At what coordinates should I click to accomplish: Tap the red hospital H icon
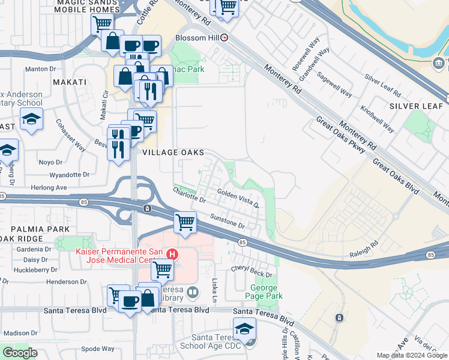coord(172,254)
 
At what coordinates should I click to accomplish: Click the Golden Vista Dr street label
coord(238,197)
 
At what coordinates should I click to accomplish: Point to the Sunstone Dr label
coord(228,221)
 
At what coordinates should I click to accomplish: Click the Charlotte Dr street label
coord(189,194)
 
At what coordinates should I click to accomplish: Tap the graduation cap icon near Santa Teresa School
coord(244,328)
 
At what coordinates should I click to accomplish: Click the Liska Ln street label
coord(213,290)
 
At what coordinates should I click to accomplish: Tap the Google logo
coord(20,353)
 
